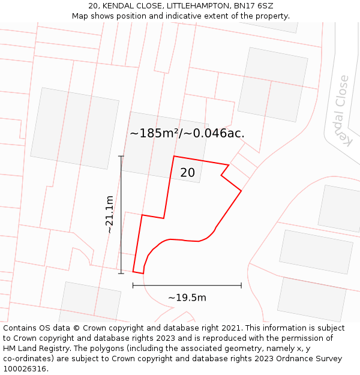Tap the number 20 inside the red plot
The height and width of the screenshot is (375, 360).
click(187, 173)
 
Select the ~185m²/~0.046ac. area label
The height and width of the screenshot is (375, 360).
click(187, 133)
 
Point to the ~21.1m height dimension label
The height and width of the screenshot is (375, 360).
click(109, 215)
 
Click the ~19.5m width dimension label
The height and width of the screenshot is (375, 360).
click(187, 298)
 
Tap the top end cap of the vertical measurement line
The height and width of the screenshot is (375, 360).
click(121, 156)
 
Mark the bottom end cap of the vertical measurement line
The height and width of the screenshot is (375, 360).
click(121, 274)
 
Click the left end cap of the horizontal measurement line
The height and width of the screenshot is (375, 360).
click(133, 286)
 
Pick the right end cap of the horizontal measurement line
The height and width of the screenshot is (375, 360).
click(241, 286)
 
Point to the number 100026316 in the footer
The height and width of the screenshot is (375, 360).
click(24, 369)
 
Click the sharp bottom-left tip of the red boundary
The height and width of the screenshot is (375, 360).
click(134, 272)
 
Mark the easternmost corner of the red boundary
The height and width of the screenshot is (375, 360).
click(241, 191)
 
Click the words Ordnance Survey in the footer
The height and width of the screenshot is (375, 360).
click(313, 359)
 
